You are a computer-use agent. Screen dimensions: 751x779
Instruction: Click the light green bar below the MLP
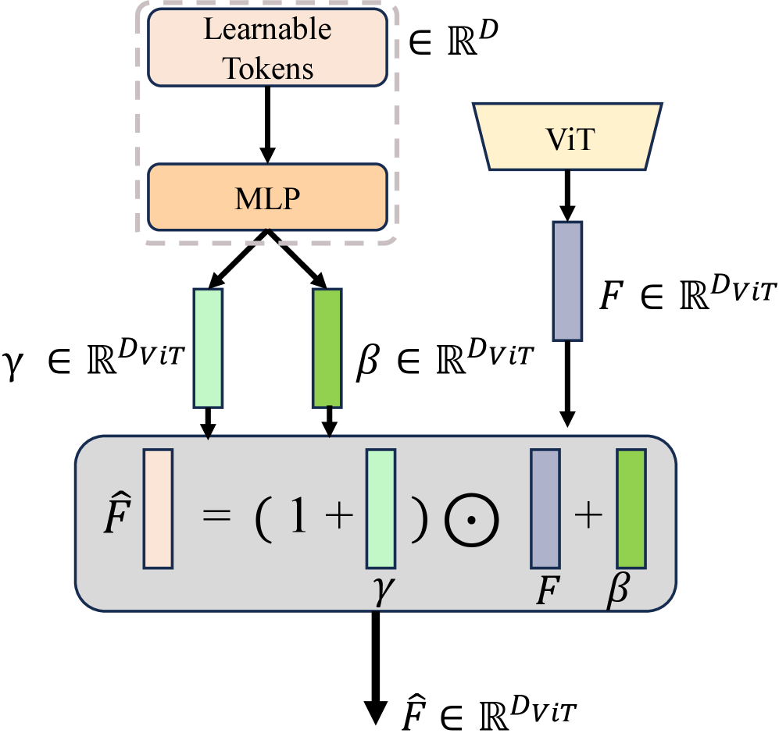208,348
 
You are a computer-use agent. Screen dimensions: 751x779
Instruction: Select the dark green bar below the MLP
327,348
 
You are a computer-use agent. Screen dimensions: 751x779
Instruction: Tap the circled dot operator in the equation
472,518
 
